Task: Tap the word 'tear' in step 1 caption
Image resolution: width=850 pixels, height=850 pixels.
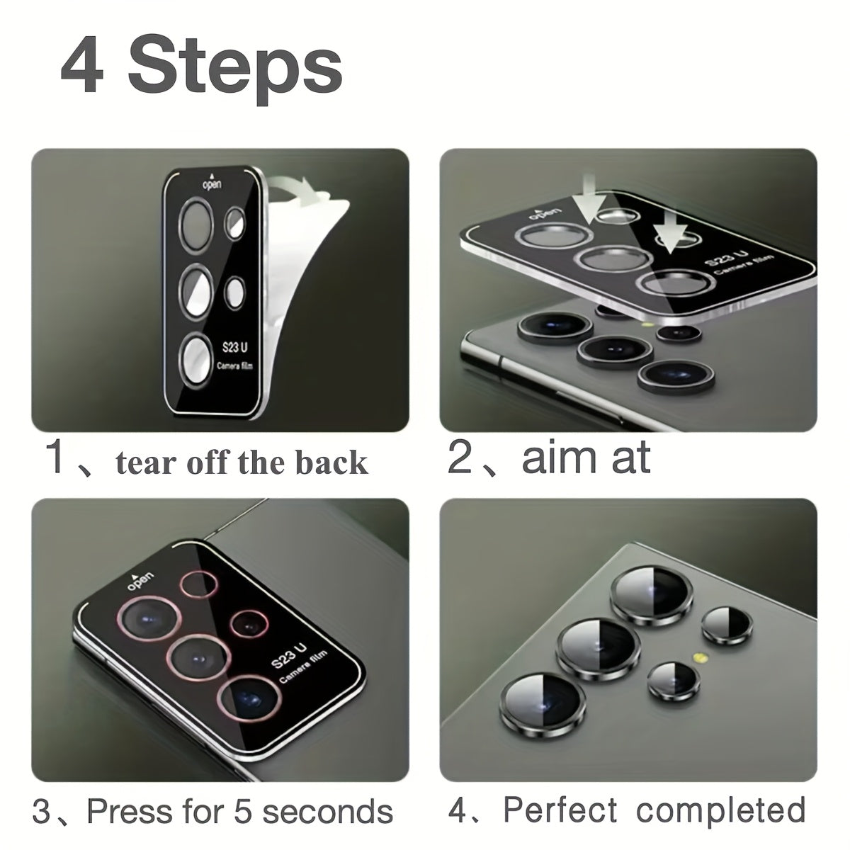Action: point(144,463)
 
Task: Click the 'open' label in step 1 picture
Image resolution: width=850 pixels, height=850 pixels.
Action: point(212,184)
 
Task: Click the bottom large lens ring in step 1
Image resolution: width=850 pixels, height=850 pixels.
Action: point(198,358)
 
